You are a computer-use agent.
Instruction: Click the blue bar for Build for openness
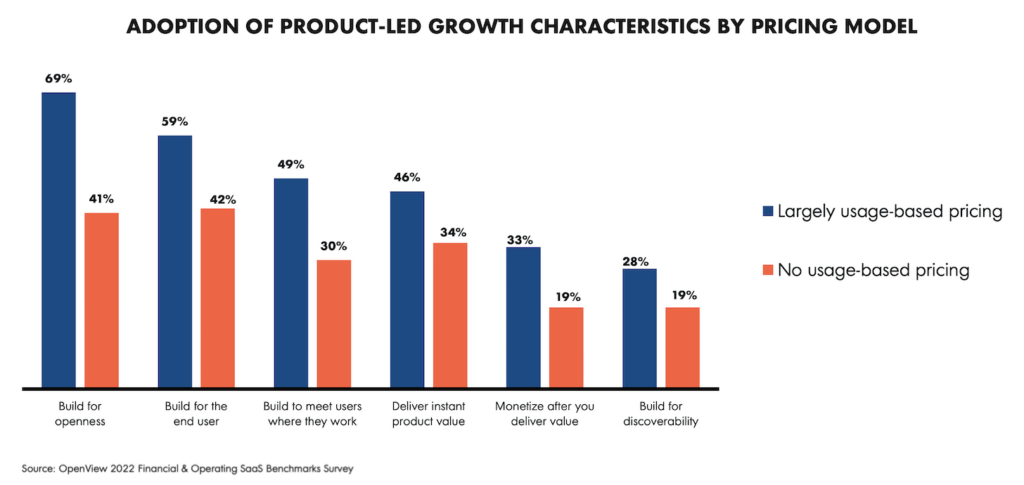(58, 240)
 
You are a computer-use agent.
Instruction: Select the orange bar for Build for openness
(101, 300)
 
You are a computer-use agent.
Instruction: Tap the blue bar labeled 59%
(175, 261)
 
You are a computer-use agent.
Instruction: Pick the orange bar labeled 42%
(218, 298)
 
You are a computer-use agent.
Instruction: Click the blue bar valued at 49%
(291, 283)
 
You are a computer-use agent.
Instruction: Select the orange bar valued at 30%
(334, 323)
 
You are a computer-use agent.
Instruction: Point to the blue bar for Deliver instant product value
(407, 289)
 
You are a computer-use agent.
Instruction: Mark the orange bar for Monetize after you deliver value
(566, 347)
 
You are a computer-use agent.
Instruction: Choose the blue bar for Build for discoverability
(639, 328)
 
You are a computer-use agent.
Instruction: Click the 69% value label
(58, 77)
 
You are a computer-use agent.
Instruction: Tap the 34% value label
(450, 232)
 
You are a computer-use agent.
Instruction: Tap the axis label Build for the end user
(196, 414)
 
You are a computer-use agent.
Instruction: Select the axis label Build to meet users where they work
(312, 414)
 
